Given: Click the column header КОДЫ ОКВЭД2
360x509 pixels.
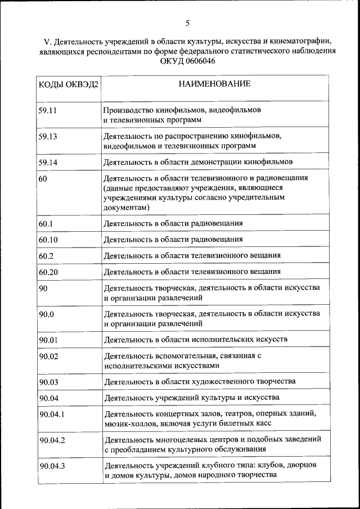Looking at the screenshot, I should (68, 85).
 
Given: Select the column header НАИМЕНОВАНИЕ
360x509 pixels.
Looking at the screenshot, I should (214, 84).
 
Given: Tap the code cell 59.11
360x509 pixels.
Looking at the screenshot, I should (48, 110).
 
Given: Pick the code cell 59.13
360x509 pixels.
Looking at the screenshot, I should (48, 137).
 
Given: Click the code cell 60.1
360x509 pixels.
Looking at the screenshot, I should (46, 224).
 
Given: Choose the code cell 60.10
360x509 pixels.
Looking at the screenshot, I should (48, 240).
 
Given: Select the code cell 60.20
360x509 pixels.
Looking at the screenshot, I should (48, 272).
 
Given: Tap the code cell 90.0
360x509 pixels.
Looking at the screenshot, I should (46, 314).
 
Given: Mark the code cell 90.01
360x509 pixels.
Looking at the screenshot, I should (48, 340).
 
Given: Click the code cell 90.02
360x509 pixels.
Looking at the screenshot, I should (48, 356).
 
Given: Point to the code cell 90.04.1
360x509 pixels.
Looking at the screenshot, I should (52, 415).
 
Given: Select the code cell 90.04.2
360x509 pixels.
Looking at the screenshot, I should (52, 440).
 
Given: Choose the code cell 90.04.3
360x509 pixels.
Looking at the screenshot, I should (52, 466).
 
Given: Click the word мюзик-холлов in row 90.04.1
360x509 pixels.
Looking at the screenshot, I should (127, 423).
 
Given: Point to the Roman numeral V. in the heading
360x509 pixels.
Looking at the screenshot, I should (47, 42).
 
